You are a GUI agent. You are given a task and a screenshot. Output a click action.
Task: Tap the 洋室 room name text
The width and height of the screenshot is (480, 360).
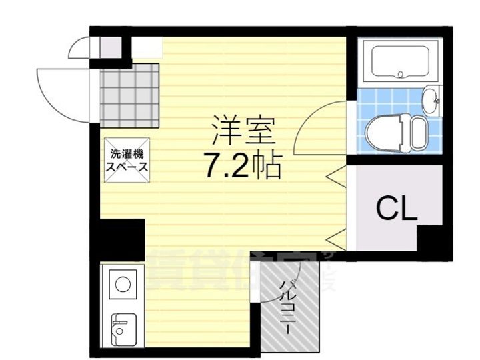coord(243,131)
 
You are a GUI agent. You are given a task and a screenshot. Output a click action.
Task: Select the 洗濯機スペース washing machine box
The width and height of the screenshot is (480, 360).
coord(127,159)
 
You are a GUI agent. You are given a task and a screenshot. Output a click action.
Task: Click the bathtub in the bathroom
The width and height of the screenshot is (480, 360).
coord(398,61)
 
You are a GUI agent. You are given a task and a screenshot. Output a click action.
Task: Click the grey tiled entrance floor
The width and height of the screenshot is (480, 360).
coord(130,95)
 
